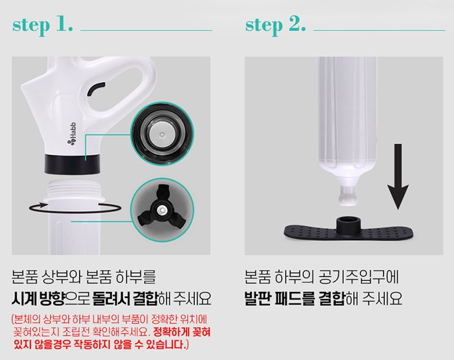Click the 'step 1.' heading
point(42,25)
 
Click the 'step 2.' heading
point(275,25)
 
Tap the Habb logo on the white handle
point(72,133)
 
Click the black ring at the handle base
point(73,164)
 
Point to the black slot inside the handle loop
point(95,88)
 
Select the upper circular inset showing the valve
point(162,133)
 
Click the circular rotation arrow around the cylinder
point(74,207)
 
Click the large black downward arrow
point(398,176)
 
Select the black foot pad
point(348,231)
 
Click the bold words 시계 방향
point(38,298)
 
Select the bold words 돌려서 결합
point(125,298)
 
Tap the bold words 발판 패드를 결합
point(295,298)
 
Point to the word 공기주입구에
point(358,277)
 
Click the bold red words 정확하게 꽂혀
point(181,332)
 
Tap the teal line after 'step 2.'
point(380,30)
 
